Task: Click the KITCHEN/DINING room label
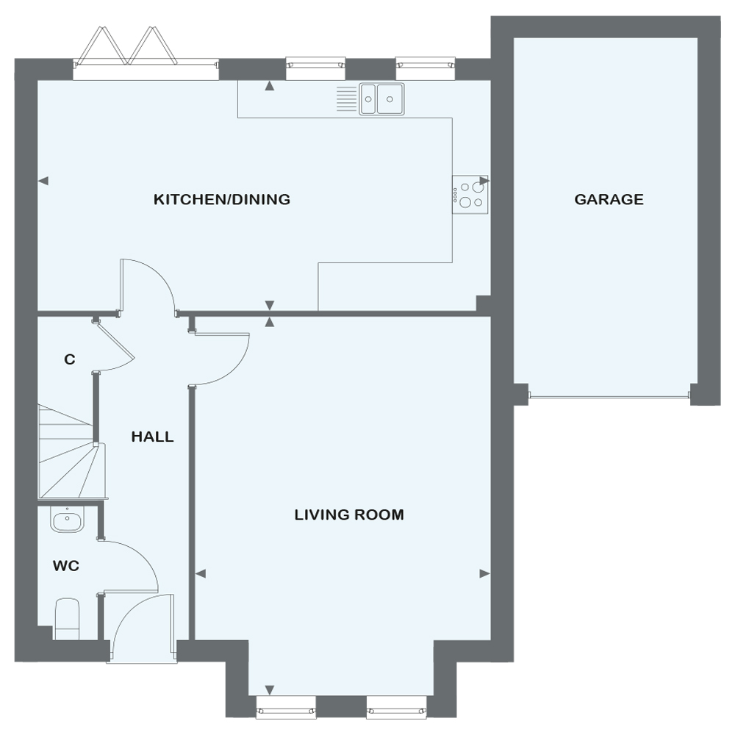point(222,199)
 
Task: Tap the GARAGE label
point(609,199)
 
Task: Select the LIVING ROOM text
point(349,514)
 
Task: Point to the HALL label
point(152,437)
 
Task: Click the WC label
point(66,566)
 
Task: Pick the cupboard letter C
point(69,359)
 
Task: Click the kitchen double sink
point(381,99)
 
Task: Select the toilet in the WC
point(67,619)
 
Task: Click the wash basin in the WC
point(67,520)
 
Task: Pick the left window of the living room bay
point(286,706)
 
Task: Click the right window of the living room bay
point(397,706)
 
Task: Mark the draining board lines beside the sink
point(347,99)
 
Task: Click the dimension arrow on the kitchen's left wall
point(43,181)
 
